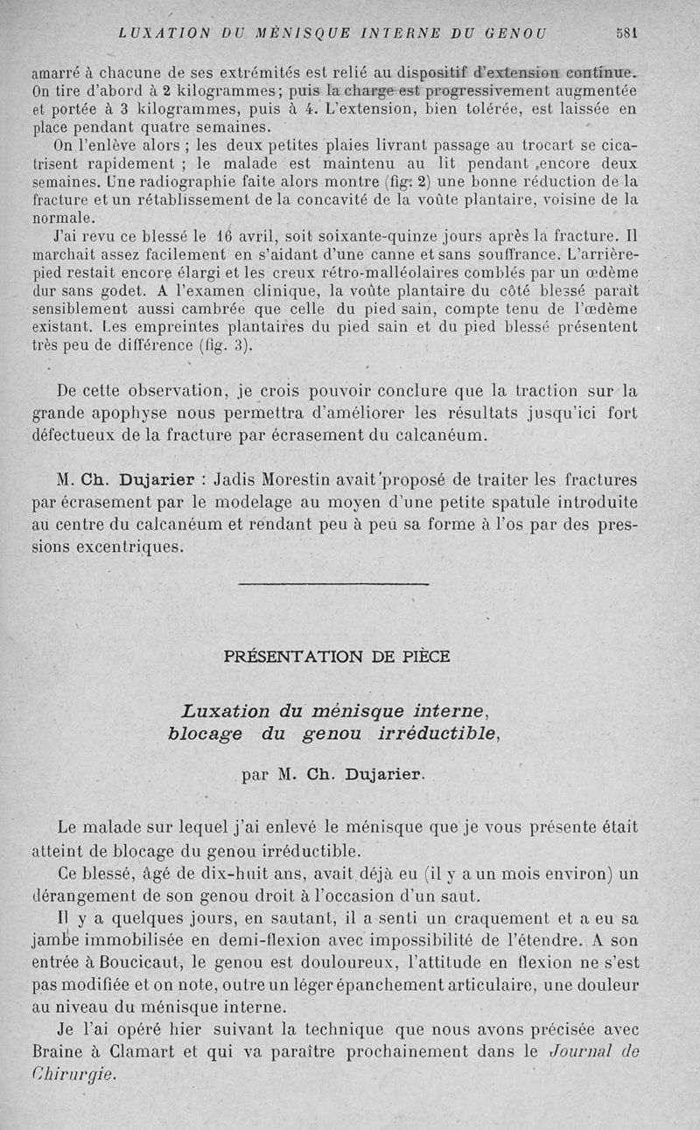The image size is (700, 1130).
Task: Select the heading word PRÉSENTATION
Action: point(291,656)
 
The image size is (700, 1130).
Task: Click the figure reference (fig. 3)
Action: point(225,344)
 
